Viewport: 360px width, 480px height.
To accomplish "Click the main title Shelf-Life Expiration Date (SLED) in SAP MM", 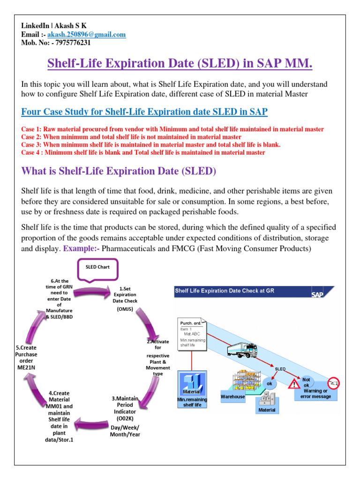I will point(180,62).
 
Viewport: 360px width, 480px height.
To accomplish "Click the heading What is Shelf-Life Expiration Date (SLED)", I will point(119,172).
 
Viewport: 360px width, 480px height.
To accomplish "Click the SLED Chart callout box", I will point(97,267).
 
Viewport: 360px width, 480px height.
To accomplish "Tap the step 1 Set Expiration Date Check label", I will point(125,295).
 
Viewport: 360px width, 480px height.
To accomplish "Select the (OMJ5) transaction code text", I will point(125,309).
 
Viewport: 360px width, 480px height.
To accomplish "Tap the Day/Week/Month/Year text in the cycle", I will point(125,430).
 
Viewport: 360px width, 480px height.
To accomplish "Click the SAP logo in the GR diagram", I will point(317,294).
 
